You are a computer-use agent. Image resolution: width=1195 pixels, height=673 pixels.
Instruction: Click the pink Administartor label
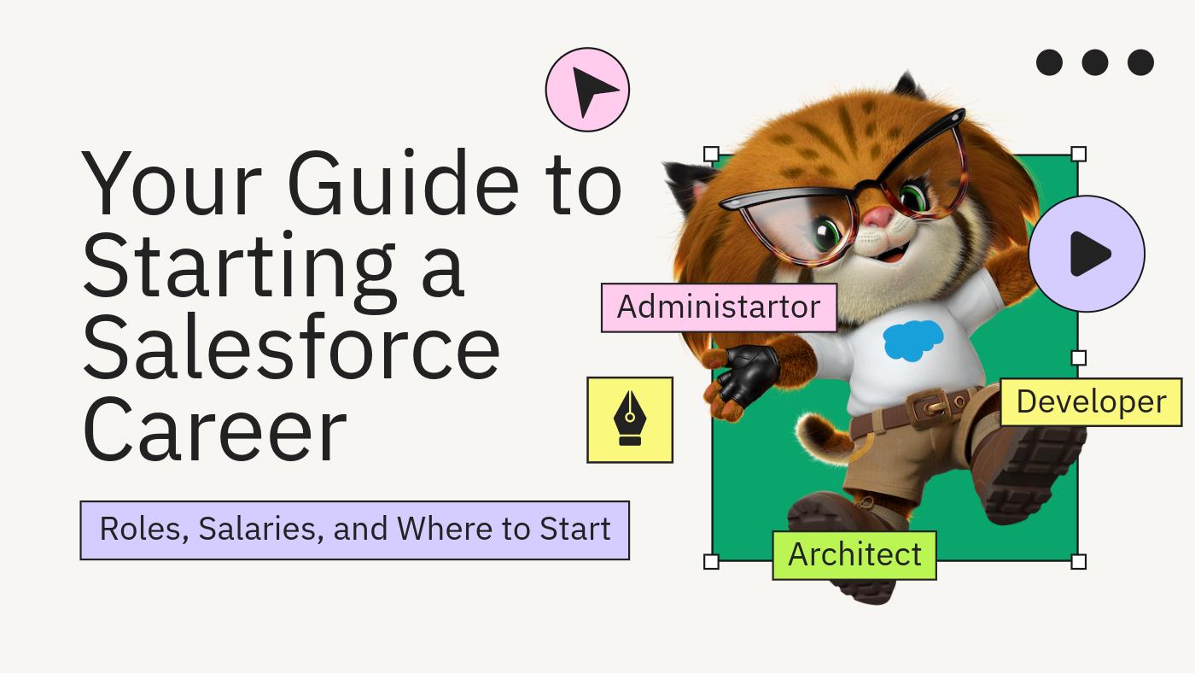coord(719,307)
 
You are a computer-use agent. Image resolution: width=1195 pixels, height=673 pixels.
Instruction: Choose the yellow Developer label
coord(1091,401)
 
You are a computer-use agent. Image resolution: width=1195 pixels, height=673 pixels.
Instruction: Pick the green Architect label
coord(854,555)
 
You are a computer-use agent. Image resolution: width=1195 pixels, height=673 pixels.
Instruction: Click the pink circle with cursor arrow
coord(587,90)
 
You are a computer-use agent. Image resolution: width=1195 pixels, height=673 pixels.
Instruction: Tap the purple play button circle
coord(1087,254)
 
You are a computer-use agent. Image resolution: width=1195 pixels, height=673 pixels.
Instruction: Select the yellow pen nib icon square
coord(630,419)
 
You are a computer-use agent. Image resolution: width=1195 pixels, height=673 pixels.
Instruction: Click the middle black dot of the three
coord(1094,62)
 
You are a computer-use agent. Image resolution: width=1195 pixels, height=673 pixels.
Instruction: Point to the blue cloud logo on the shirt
coord(913,341)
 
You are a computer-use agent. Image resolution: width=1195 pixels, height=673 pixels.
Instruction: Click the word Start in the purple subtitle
coord(574,530)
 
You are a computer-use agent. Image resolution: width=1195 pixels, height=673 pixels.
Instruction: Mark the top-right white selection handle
coord(1078,155)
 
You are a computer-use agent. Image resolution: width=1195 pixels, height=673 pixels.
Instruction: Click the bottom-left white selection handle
coord(711,561)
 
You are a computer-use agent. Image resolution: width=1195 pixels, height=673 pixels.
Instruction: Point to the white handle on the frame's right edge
coord(1078,358)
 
